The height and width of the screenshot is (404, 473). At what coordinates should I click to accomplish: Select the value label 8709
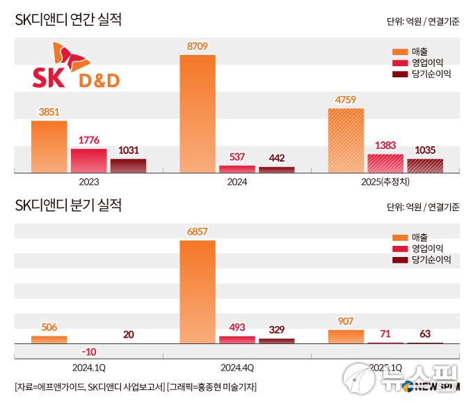[x=198, y=47]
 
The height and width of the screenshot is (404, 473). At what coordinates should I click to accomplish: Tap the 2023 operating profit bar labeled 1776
[x=88, y=160]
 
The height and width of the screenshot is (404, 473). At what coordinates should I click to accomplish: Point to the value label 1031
[x=128, y=150]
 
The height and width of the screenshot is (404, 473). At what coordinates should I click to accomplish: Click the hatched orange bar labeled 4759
[x=346, y=140]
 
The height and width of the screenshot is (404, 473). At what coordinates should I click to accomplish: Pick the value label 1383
[x=385, y=146]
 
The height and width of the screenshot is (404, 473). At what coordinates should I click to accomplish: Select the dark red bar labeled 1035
[x=424, y=165]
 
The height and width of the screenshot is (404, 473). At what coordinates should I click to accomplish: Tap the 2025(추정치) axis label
[x=385, y=182]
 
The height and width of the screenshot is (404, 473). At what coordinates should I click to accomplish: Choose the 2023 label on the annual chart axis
[x=88, y=182]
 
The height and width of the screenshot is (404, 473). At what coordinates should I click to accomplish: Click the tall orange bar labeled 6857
[x=198, y=292]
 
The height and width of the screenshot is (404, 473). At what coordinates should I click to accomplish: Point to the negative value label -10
[x=88, y=351]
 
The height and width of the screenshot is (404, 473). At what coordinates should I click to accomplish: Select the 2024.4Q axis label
[x=236, y=365]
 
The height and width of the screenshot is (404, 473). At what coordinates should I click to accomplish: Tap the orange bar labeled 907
[x=346, y=336]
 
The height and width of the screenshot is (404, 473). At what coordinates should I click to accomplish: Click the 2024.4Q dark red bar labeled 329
[x=276, y=341]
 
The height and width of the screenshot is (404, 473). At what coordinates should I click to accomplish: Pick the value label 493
[x=236, y=327]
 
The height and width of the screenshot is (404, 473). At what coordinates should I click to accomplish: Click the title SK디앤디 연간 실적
[x=68, y=20]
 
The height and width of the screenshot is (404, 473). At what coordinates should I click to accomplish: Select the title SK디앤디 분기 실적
[x=68, y=205]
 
